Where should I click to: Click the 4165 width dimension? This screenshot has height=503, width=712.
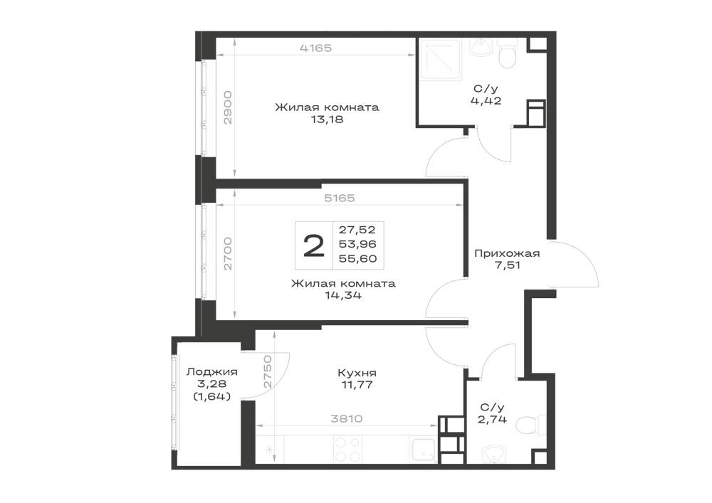click(x=315, y=48)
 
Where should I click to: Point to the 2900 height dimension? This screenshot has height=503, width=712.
click(x=228, y=108)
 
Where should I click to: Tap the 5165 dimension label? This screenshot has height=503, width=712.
click(x=339, y=198)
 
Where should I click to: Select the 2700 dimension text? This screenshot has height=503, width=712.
click(x=228, y=253)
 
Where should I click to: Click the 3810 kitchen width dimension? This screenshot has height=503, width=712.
click(x=346, y=418)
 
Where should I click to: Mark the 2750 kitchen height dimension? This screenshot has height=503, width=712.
click(x=267, y=371)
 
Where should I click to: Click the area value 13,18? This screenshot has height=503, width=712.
click(x=327, y=120)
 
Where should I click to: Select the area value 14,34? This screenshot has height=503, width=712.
click(x=343, y=296)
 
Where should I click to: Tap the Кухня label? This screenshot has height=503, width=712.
click(x=357, y=373)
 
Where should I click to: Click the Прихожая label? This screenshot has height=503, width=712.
click(x=507, y=253)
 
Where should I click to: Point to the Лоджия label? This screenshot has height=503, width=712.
click(x=212, y=372)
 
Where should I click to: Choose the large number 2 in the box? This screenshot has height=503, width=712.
click(x=314, y=246)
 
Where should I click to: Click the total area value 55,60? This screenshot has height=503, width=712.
click(x=358, y=258)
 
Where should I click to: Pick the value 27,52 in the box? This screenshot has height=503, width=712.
click(x=357, y=230)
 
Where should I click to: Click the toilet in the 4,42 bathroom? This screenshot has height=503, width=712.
click(x=507, y=54)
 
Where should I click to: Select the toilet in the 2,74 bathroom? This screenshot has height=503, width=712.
click(x=533, y=425)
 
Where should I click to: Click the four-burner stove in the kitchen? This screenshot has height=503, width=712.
click(x=348, y=450)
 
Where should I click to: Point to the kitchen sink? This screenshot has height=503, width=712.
click(x=423, y=450)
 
